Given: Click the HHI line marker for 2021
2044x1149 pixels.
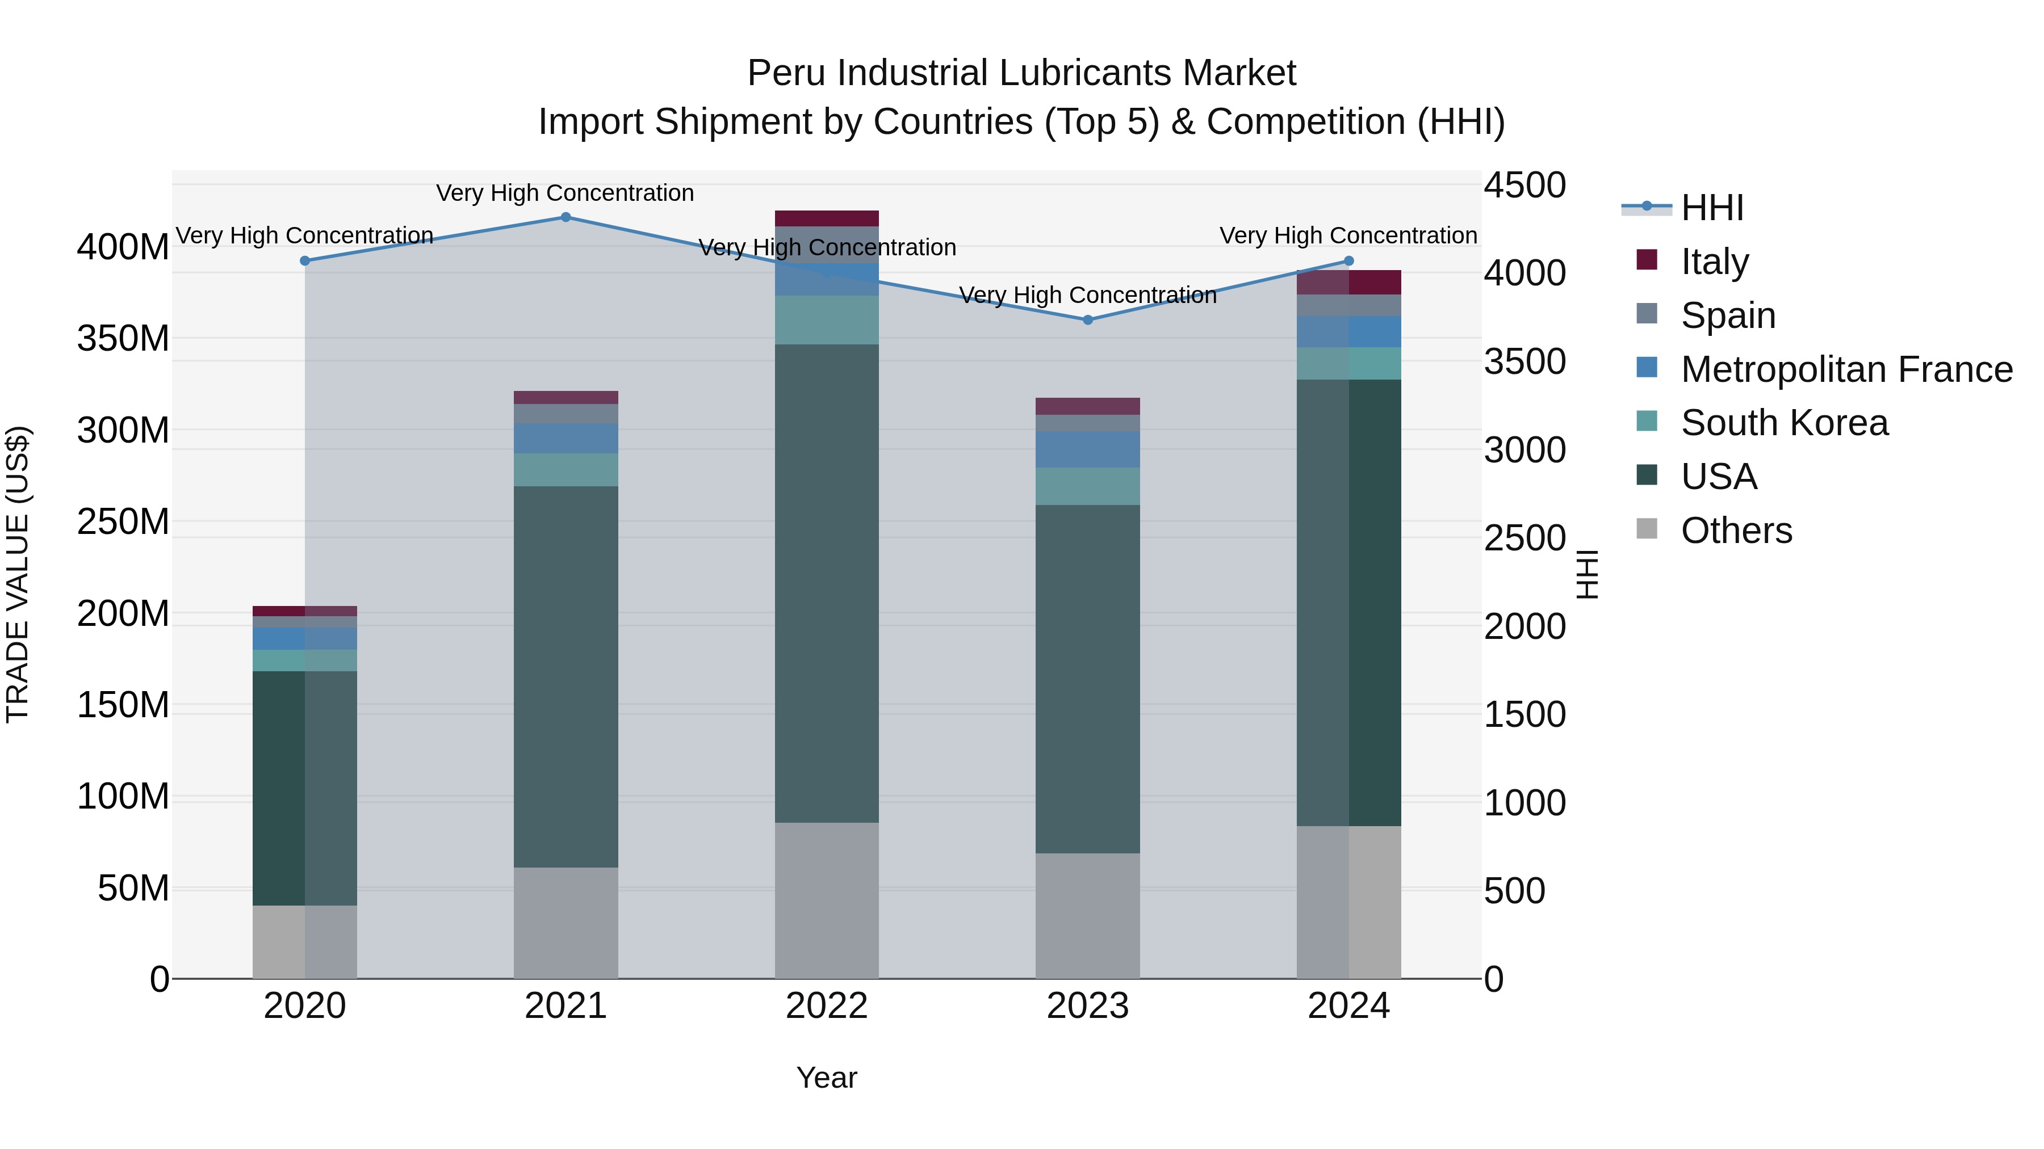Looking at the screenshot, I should pyautogui.click(x=566, y=217).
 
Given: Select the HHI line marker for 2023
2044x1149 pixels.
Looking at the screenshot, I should pyautogui.click(x=1088, y=319).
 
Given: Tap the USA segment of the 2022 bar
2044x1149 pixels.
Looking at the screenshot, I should pyautogui.click(x=827, y=583).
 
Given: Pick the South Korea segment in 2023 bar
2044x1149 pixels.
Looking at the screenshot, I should pyautogui.click(x=1088, y=486).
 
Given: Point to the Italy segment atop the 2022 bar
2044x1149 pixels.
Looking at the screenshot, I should pyautogui.click(x=827, y=219).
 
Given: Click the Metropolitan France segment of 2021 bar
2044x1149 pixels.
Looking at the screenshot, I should pyautogui.click(x=566, y=439).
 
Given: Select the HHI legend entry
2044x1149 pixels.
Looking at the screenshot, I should pyautogui.click(x=1711, y=208).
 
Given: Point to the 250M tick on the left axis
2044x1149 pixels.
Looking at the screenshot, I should pyautogui.click(x=123, y=522).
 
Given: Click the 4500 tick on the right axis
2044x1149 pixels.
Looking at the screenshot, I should pyautogui.click(x=1524, y=186).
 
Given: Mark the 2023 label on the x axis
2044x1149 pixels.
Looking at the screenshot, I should pyautogui.click(x=1088, y=1005).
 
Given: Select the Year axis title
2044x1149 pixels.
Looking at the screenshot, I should pyautogui.click(x=826, y=1078).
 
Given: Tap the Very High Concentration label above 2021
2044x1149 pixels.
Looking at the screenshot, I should pyautogui.click(x=565, y=193).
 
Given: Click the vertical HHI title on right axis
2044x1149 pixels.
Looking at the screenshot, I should pyautogui.click(x=1587, y=574).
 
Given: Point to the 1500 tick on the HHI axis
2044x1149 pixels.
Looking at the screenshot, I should pyautogui.click(x=1524, y=714).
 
